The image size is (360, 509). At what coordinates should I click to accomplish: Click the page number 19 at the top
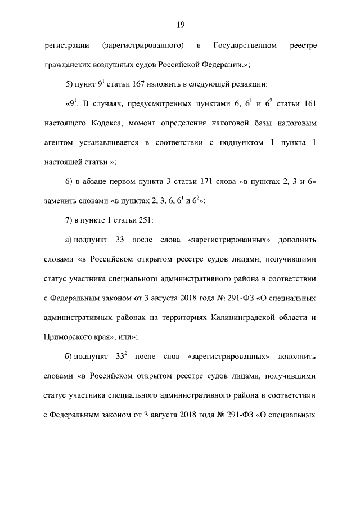[x=180, y=24]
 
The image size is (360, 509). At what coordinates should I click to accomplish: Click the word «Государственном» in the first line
[x=245, y=44]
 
